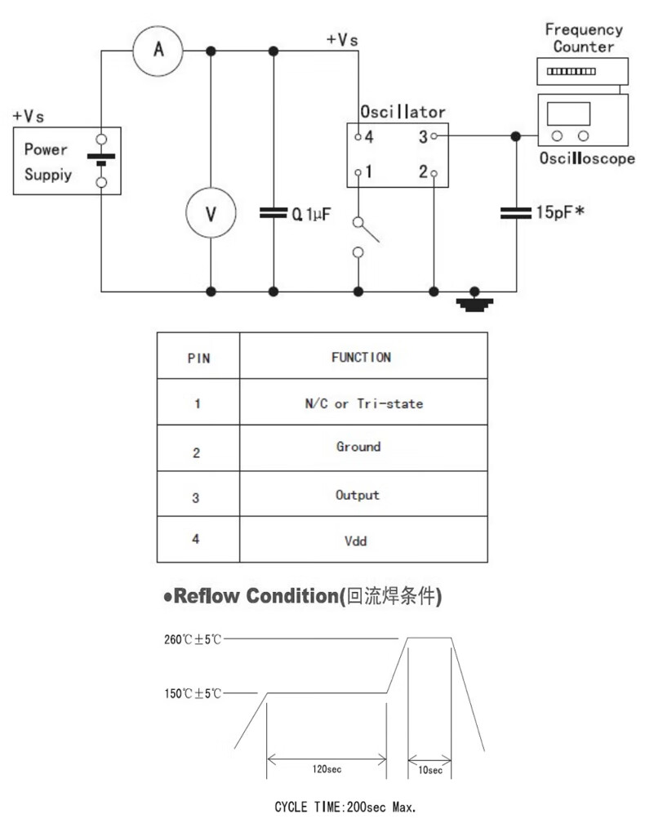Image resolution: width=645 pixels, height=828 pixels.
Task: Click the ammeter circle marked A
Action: coord(159,51)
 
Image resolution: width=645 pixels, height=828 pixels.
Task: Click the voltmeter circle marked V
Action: coord(211,214)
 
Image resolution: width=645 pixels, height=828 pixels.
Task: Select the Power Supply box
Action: coord(67,161)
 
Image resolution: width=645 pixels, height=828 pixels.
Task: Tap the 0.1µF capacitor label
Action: coord(311,215)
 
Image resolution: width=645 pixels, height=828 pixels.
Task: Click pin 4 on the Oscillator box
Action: coord(364,137)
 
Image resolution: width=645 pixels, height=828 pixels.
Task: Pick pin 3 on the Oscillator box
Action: coord(427,137)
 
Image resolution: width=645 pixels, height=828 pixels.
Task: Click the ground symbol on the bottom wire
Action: coord(474,303)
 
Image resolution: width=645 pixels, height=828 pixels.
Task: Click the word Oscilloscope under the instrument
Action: coord(586,159)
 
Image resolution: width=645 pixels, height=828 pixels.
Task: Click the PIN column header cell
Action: coord(198,357)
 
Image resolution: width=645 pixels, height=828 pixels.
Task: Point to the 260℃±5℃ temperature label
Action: coord(192,639)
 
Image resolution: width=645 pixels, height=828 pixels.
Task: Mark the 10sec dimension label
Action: coord(429,770)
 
